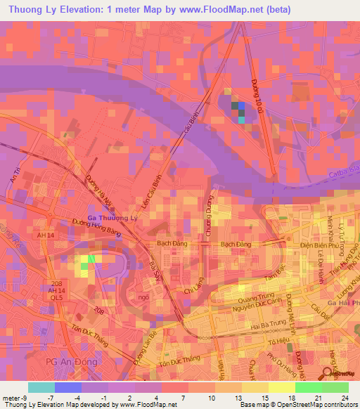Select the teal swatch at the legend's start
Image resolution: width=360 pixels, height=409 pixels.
(41, 387)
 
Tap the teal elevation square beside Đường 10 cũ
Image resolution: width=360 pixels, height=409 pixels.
(242, 119)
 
